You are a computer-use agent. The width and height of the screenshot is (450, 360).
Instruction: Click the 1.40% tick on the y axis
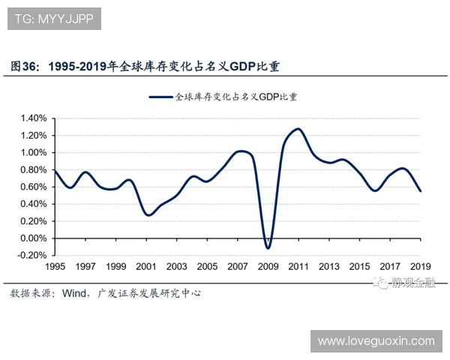(33, 118)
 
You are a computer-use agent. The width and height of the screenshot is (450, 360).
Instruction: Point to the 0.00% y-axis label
(33, 238)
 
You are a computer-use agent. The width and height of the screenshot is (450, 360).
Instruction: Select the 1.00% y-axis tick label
(33, 152)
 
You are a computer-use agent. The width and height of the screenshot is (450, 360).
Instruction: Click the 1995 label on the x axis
(55, 267)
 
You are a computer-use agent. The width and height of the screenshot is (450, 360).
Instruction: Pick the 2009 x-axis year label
(268, 267)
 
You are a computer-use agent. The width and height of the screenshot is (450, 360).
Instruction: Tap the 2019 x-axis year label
(421, 267)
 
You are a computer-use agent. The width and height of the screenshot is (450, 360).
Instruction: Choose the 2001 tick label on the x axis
(146, 267)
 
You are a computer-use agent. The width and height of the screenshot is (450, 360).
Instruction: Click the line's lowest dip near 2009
(268, 248)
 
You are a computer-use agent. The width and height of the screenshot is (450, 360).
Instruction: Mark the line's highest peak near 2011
(298, 129)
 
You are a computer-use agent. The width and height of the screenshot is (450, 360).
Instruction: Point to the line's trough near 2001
(148, 215)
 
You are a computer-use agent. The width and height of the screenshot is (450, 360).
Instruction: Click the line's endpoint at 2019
(421, 191)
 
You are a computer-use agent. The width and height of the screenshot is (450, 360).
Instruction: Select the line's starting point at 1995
(55, 171)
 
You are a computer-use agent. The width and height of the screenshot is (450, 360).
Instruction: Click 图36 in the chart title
(24, 66)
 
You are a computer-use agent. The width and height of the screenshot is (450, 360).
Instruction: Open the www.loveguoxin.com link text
(376, 341)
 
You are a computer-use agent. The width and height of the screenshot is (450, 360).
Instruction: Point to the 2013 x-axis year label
(329, 267)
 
